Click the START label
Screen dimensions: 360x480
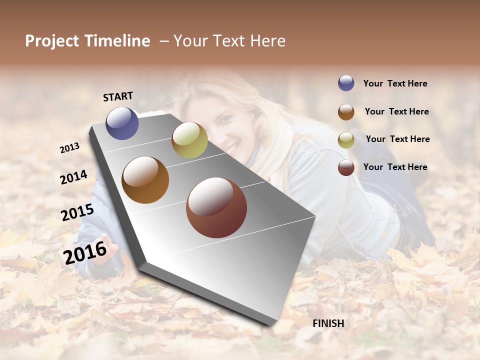(x=118, y=96)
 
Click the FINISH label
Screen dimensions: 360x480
(x=328, y=323)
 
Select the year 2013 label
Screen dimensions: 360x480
(x=70, y=148)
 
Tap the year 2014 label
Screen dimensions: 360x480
(x=73, y=177)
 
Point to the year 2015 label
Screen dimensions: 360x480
(x=77, y=212)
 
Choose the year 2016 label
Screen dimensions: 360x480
(x=85, y=252)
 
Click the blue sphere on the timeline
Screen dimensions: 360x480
(x=122, y=123)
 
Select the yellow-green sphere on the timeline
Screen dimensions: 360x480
(x=189, y=140)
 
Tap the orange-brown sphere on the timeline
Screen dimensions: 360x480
(x=145, y=180)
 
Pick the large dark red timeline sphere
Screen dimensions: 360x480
(x=216, y=207)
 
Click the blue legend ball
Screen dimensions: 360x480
(x=346, y=83)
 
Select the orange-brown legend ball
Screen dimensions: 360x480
(x=346, y=112)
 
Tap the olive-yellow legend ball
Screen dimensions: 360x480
(x=346, y=140)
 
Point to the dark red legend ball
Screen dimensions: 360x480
(x=346, y=167)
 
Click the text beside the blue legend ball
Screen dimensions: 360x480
(x=395, y=84)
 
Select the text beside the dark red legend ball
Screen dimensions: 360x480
(x=395, y=167)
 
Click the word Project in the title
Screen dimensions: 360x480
(x=52, y=41)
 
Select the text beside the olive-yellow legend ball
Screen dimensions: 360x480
(x=397, y=139)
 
